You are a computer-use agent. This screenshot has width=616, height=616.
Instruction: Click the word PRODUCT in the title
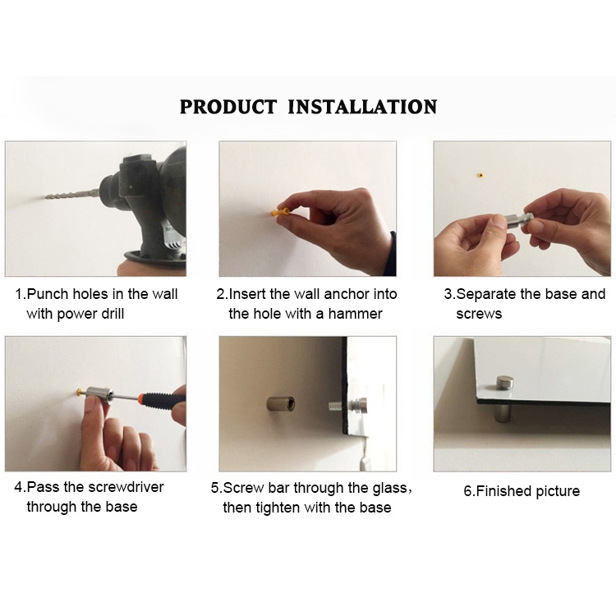point(228,107)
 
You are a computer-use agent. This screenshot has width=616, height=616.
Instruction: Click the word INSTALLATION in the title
point(362,107)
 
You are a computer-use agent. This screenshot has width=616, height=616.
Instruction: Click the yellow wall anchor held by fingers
point(280,213)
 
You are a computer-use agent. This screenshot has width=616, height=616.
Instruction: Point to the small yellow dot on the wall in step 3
point(480,175)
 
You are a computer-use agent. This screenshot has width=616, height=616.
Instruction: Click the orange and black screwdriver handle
point(161,399)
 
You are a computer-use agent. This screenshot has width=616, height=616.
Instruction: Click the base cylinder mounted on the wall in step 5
point(281,403)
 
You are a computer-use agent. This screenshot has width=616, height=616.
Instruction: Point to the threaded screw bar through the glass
point(338,405)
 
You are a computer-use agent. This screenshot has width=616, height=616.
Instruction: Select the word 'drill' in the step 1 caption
point(112,314)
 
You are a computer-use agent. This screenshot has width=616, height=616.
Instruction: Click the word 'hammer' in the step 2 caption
point(355,314)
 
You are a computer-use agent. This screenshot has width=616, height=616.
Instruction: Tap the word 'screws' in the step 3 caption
point(479,315)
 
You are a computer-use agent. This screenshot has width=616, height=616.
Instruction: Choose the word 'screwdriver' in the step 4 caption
point(126,487)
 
